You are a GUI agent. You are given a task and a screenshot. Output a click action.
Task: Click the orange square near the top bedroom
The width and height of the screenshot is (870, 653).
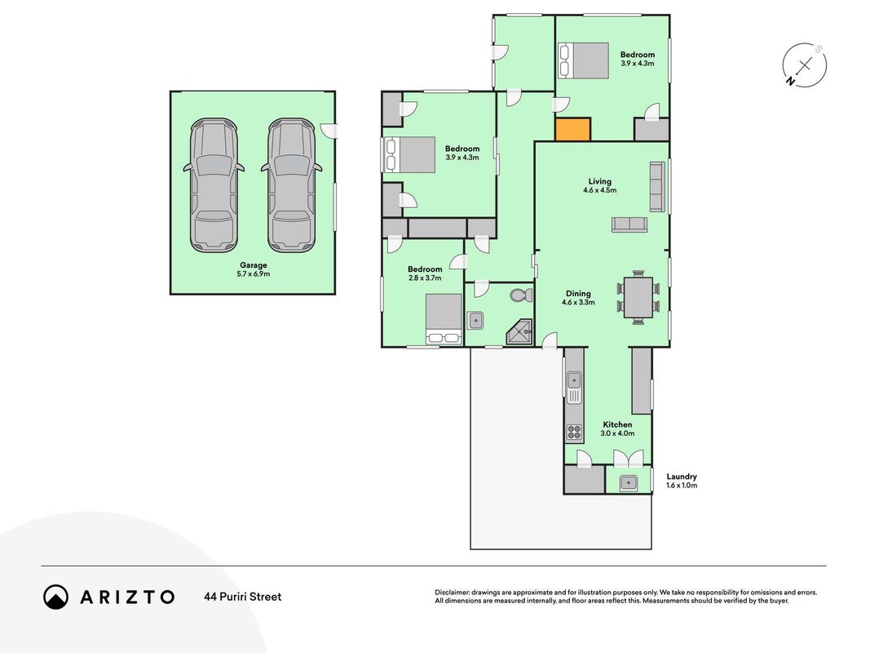[573, 129]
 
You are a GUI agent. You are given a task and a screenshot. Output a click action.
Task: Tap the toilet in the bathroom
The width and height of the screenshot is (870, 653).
[520, 295]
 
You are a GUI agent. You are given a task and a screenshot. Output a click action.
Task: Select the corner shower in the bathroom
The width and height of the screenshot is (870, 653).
[519, 332]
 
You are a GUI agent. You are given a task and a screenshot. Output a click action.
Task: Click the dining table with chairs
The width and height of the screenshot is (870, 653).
[638, 297]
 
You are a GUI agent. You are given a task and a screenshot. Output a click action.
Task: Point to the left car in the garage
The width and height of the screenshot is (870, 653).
[214, 185]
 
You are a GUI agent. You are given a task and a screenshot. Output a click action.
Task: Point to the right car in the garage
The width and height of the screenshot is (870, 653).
[292, 185]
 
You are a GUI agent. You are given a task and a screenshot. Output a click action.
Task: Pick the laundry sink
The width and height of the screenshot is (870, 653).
[628, 483]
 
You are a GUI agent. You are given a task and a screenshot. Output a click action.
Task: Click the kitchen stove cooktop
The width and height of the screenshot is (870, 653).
[574, 432]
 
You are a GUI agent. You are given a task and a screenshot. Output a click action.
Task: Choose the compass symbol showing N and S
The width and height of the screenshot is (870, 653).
[805, 65]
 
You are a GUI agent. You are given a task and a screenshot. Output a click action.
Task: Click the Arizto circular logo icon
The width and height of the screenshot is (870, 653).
[55, 597]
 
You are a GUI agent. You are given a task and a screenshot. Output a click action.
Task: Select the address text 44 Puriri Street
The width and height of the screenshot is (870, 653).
[243, 597]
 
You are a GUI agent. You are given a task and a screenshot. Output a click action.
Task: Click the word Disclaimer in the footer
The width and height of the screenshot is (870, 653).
[452, 593]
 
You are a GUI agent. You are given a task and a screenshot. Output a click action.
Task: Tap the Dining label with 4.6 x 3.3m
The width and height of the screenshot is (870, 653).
[578, 298]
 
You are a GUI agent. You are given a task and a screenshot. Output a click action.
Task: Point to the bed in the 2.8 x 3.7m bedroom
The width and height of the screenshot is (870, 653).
[444, 318]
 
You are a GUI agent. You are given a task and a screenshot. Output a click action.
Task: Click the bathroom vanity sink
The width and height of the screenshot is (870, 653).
[475, 321]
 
